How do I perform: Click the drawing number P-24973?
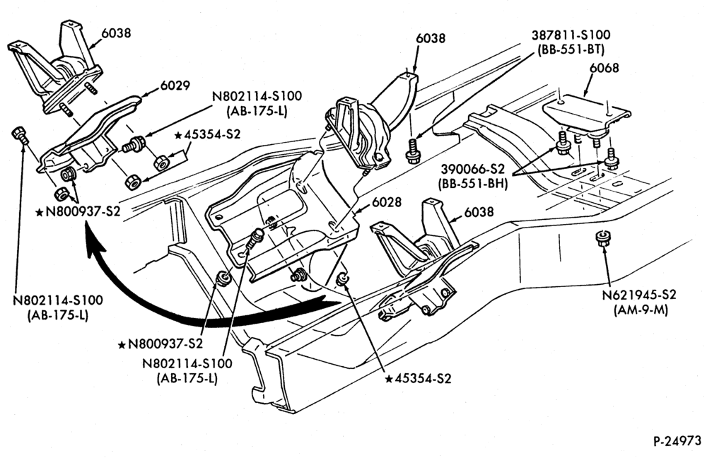(x=677, y=441)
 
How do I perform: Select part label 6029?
(x=175, y=86)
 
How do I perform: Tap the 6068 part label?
(x=604, y=69)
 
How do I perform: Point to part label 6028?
(x=387, y=202)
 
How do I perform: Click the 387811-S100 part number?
(x=571, y=35)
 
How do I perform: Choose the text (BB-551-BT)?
(x=571, y=49)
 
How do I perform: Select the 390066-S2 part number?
(x=472, y=170)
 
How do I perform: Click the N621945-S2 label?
(x=639, y=295)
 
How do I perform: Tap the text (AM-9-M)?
(x=641, y=310)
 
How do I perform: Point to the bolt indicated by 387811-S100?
(x=413, y=152)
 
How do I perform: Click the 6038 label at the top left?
(x=116, y=33)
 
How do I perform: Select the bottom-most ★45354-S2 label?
(x=418, y=379)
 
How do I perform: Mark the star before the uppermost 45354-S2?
(x=178, y=135)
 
